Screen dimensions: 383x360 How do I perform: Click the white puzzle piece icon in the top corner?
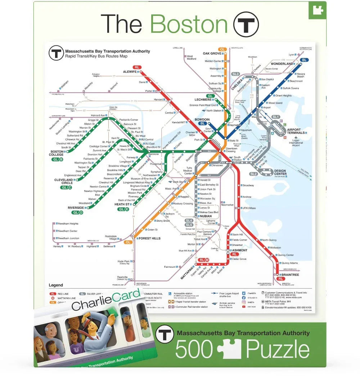click(317, 10)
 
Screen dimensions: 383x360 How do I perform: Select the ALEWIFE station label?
click(130, 72)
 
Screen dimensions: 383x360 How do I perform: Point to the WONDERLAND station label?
click(282, 64)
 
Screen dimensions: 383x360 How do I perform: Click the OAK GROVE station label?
click(212, 54)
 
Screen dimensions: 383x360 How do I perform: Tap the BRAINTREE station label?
click(290, 275)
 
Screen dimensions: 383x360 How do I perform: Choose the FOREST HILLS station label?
click(150, 238)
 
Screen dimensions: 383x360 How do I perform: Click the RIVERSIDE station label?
click(76, 208)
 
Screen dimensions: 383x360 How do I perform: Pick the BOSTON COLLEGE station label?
click(57, 153)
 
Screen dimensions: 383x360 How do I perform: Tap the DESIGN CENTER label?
click(280, 172)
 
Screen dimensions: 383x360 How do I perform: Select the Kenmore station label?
click(153, 154)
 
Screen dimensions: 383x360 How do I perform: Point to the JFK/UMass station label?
click(249, 208)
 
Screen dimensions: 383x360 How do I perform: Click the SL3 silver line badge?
click(236, 74)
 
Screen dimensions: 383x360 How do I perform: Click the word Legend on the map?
click(56, 285)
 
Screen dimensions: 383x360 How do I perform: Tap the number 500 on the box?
click(194, 349)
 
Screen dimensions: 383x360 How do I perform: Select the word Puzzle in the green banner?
click(278, 349)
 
